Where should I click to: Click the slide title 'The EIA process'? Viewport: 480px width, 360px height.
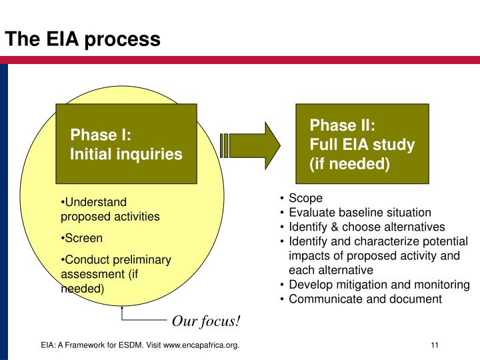click(x=83, y=39)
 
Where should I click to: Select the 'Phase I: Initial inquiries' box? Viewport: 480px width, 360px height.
click(x=126, y=144)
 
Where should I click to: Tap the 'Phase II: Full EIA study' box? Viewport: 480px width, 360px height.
click(x=362, y=144)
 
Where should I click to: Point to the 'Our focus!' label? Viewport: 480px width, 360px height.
click(x=206, y=321)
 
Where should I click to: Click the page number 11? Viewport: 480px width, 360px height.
click(x=434, y=344)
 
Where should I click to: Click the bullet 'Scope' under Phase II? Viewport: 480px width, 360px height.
click(x=305, y=199)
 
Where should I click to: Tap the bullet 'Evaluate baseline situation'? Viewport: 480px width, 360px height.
click(x=360, y=213)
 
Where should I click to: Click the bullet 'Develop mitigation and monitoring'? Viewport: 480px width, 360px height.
click(x=379, y=285)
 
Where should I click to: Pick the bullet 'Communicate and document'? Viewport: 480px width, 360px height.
click(x=365, y=299)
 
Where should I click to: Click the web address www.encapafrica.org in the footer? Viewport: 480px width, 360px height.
click(x=201, y=344)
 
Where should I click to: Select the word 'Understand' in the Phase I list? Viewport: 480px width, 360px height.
click(x=95, y=202)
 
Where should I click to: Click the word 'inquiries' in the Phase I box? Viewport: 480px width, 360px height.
click(x=151, y=154)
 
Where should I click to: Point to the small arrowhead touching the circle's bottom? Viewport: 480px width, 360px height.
click(x=123, y=309)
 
